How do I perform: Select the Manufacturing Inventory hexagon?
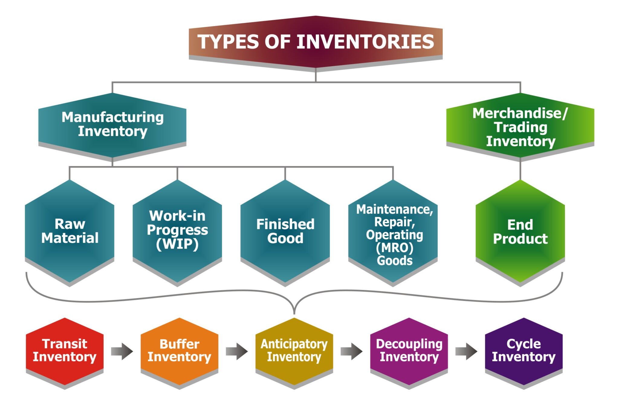(x=112, y=124)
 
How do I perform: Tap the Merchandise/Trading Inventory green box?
(x=520, y=127)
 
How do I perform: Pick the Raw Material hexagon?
(x=70, y=231)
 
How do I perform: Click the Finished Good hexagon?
(x=285, y=231)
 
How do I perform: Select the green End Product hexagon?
(x=520, y=232)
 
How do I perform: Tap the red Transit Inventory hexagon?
(x=65, y=351)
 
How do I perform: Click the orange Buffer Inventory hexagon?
(x=179, y=351)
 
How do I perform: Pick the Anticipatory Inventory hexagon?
(x=294, y=351)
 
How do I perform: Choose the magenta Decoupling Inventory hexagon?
(x=409, y=351)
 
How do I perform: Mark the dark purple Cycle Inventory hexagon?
(x=523, y=351)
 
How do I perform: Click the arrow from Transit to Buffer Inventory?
(x=122, y=351)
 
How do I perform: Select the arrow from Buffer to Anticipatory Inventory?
(x=237, y=351)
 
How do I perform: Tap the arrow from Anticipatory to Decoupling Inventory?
(x=352, y=351)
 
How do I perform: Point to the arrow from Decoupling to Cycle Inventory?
(x=466, y=351)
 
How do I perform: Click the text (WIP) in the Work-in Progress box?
(x=177, y=244)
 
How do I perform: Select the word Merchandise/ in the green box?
(x=520, y=113)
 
